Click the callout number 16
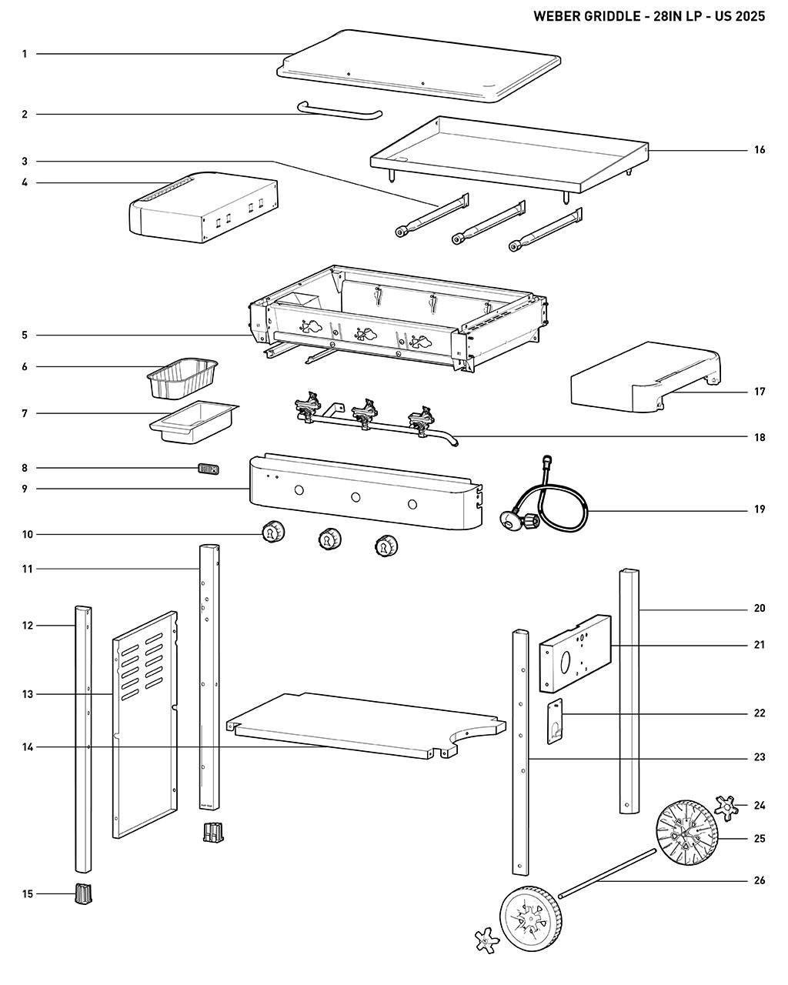[x=759, y=150]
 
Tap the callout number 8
[x=25, y=468]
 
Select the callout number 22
[x=759, y=713]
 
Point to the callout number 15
[x=28, y=893]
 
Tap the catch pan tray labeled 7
[x=192, y=422]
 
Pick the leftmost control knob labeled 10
[x=273, y=532]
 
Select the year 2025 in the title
[x=750, y=16]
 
